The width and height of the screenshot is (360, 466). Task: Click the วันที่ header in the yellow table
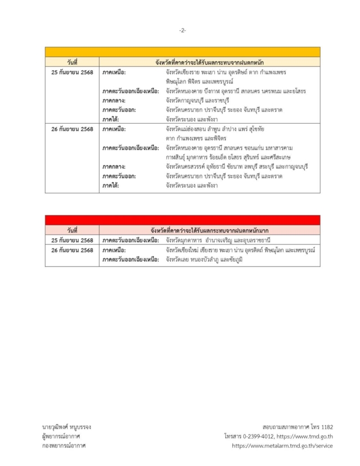point(72,62)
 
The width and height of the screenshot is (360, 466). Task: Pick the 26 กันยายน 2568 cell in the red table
point(72,250)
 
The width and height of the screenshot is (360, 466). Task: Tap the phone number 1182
point(323,427)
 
